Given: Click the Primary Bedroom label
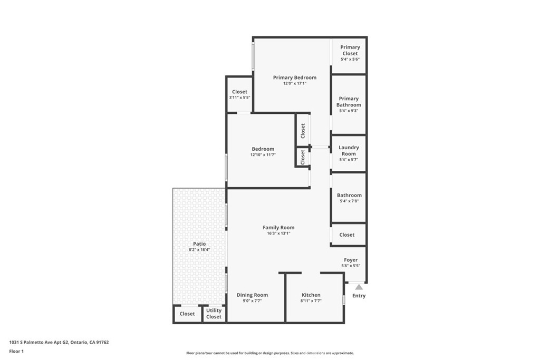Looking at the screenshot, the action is [295, 77].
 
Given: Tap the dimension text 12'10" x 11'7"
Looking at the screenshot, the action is [263, 155].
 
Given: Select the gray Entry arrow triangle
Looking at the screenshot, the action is [359, 287].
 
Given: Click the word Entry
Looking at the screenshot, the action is [359, 296].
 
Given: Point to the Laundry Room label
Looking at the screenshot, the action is [349, 150].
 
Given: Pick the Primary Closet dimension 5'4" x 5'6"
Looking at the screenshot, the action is [350, 59].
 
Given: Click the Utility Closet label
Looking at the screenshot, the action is [214, 314].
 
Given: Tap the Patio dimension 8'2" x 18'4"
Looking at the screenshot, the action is [199, 250].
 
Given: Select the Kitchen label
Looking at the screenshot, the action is [311, 295].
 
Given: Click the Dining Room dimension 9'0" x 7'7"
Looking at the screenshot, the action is [253, 301].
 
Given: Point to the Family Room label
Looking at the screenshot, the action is [278, 228].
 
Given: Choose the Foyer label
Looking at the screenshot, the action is [351, 260].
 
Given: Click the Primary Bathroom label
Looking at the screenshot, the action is [349, 102].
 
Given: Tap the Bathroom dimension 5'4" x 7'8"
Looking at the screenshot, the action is [350, 201].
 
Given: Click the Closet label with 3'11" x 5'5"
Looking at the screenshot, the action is [240, 92].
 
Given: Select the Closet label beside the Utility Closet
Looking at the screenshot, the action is [187, 314].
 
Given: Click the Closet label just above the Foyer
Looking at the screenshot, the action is [347, 235].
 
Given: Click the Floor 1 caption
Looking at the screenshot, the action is [16, 352].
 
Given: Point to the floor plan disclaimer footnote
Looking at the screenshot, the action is [270, 353].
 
